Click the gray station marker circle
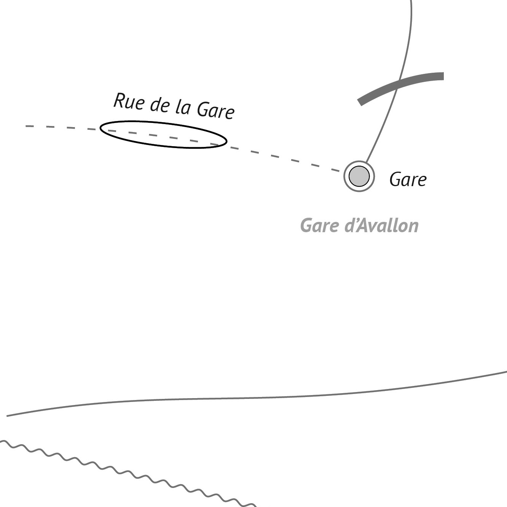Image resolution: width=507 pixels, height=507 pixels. pos(359,176)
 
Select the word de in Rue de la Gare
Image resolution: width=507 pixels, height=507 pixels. pos(159,105)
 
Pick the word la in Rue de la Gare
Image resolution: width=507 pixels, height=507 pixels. pos(182,107)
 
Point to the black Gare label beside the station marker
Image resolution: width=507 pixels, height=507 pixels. pos(408,179)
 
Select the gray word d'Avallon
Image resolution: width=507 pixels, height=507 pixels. pos(381,225)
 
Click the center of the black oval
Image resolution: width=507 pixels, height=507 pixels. pos(163,134)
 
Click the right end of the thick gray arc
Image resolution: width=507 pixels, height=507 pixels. pos(443,76)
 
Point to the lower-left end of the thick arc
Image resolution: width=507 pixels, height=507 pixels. pos(359,103)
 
